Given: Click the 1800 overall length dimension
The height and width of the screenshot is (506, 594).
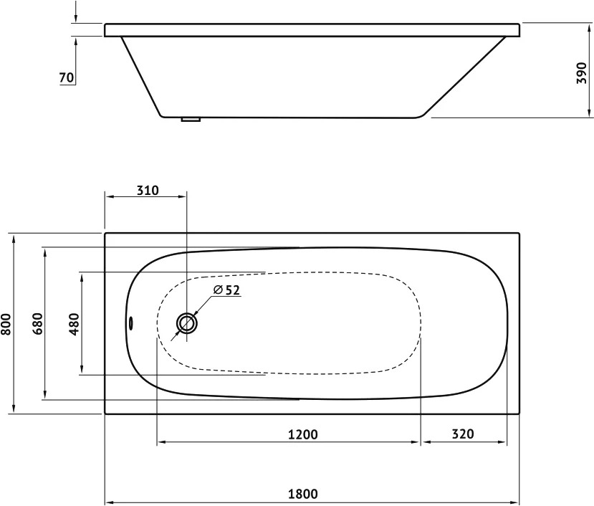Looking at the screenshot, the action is tap(302, 494).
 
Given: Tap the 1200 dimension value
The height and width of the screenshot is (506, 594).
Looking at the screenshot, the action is tap(302, 434).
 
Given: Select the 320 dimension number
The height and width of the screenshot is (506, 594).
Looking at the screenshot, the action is tap(463, 434).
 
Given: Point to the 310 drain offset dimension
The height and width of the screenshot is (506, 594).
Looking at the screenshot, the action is tap(148, 190).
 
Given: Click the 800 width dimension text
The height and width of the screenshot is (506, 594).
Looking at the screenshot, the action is tap(6, 324).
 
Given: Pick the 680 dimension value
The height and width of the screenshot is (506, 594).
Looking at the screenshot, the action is tap(37, 324).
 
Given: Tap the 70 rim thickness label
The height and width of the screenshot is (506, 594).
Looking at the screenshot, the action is tap(67, 77).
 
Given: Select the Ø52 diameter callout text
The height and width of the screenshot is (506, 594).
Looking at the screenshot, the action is tap(226, 290).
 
